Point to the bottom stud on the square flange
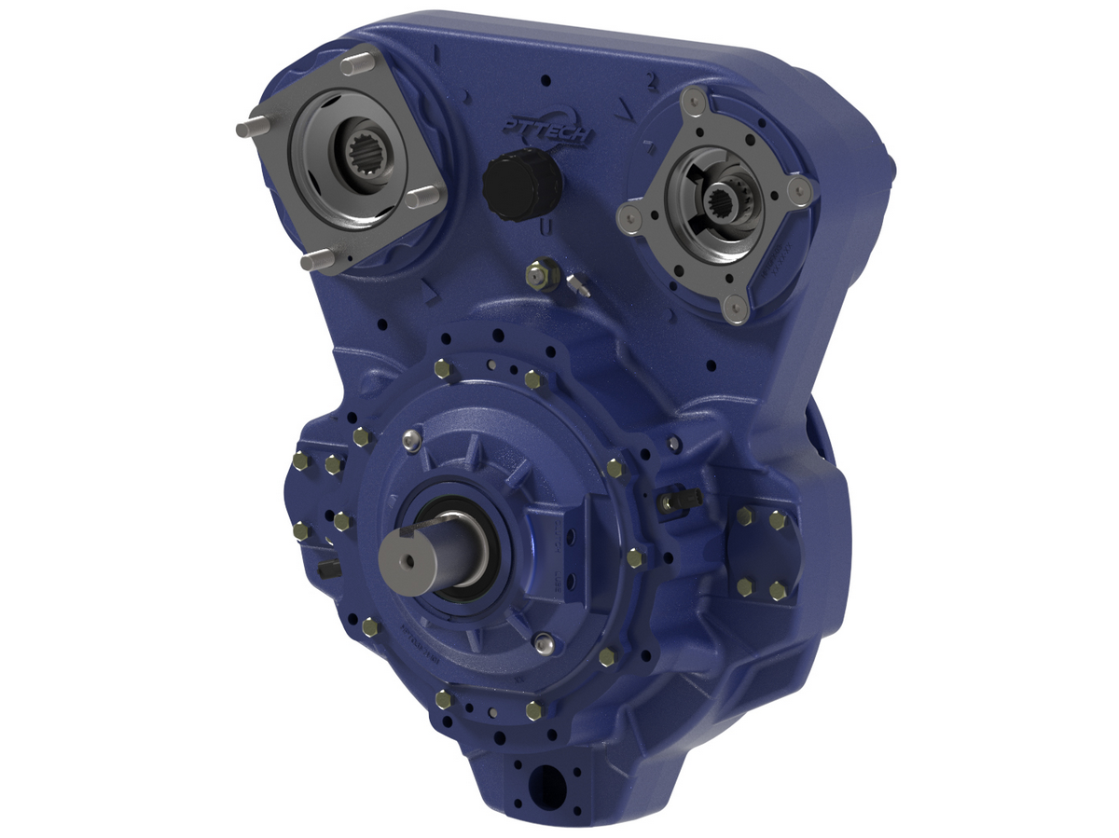point(311,262)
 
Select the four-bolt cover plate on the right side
point(761,554)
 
